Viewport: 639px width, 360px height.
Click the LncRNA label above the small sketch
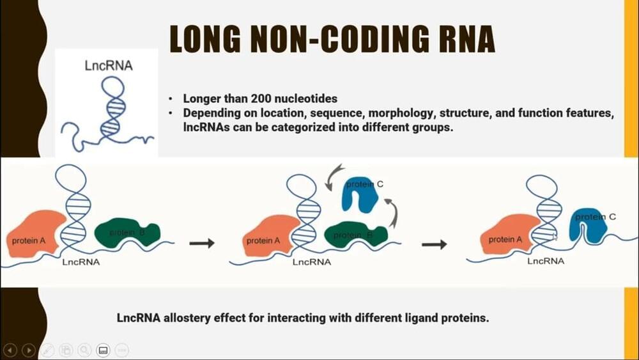pyautogui.click(x=109, y=65)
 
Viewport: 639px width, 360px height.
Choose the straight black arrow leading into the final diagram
pyautogui.click(x=435, y=244)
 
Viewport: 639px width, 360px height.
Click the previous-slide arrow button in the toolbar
pyautogui.click(x=10, y=350)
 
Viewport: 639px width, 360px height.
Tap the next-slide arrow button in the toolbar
pyautogui.click(x=29, y=350)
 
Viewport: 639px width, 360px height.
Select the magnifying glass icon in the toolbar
pyautogui.click(x=84, y=350)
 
